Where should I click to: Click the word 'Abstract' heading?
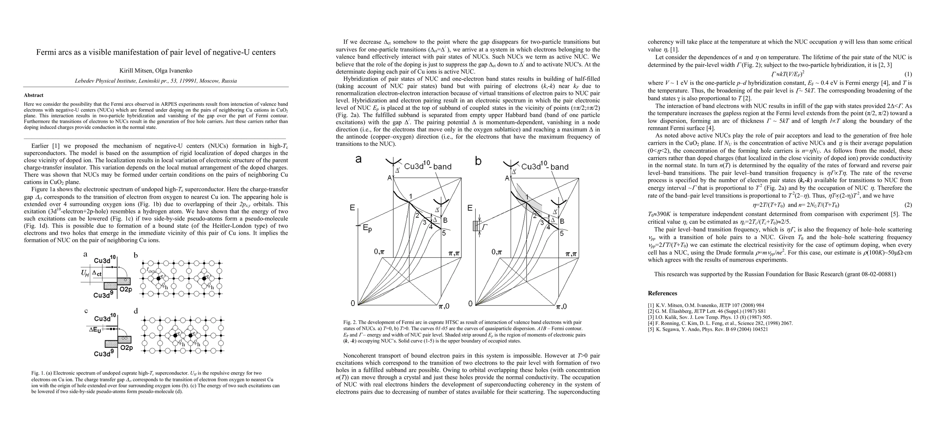point(33,95)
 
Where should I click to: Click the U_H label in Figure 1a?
point(85,273)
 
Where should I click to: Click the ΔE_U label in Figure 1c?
point(95,330)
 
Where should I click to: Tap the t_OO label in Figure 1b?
point(150,269)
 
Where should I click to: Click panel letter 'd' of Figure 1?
point(136,311)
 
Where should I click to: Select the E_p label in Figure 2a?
point(367,228)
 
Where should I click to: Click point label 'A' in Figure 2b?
point(507,178)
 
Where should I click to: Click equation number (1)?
point(908,73)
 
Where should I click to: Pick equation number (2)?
point(908,205)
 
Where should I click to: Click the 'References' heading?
point(662,293)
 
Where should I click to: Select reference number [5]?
point(651,329)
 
